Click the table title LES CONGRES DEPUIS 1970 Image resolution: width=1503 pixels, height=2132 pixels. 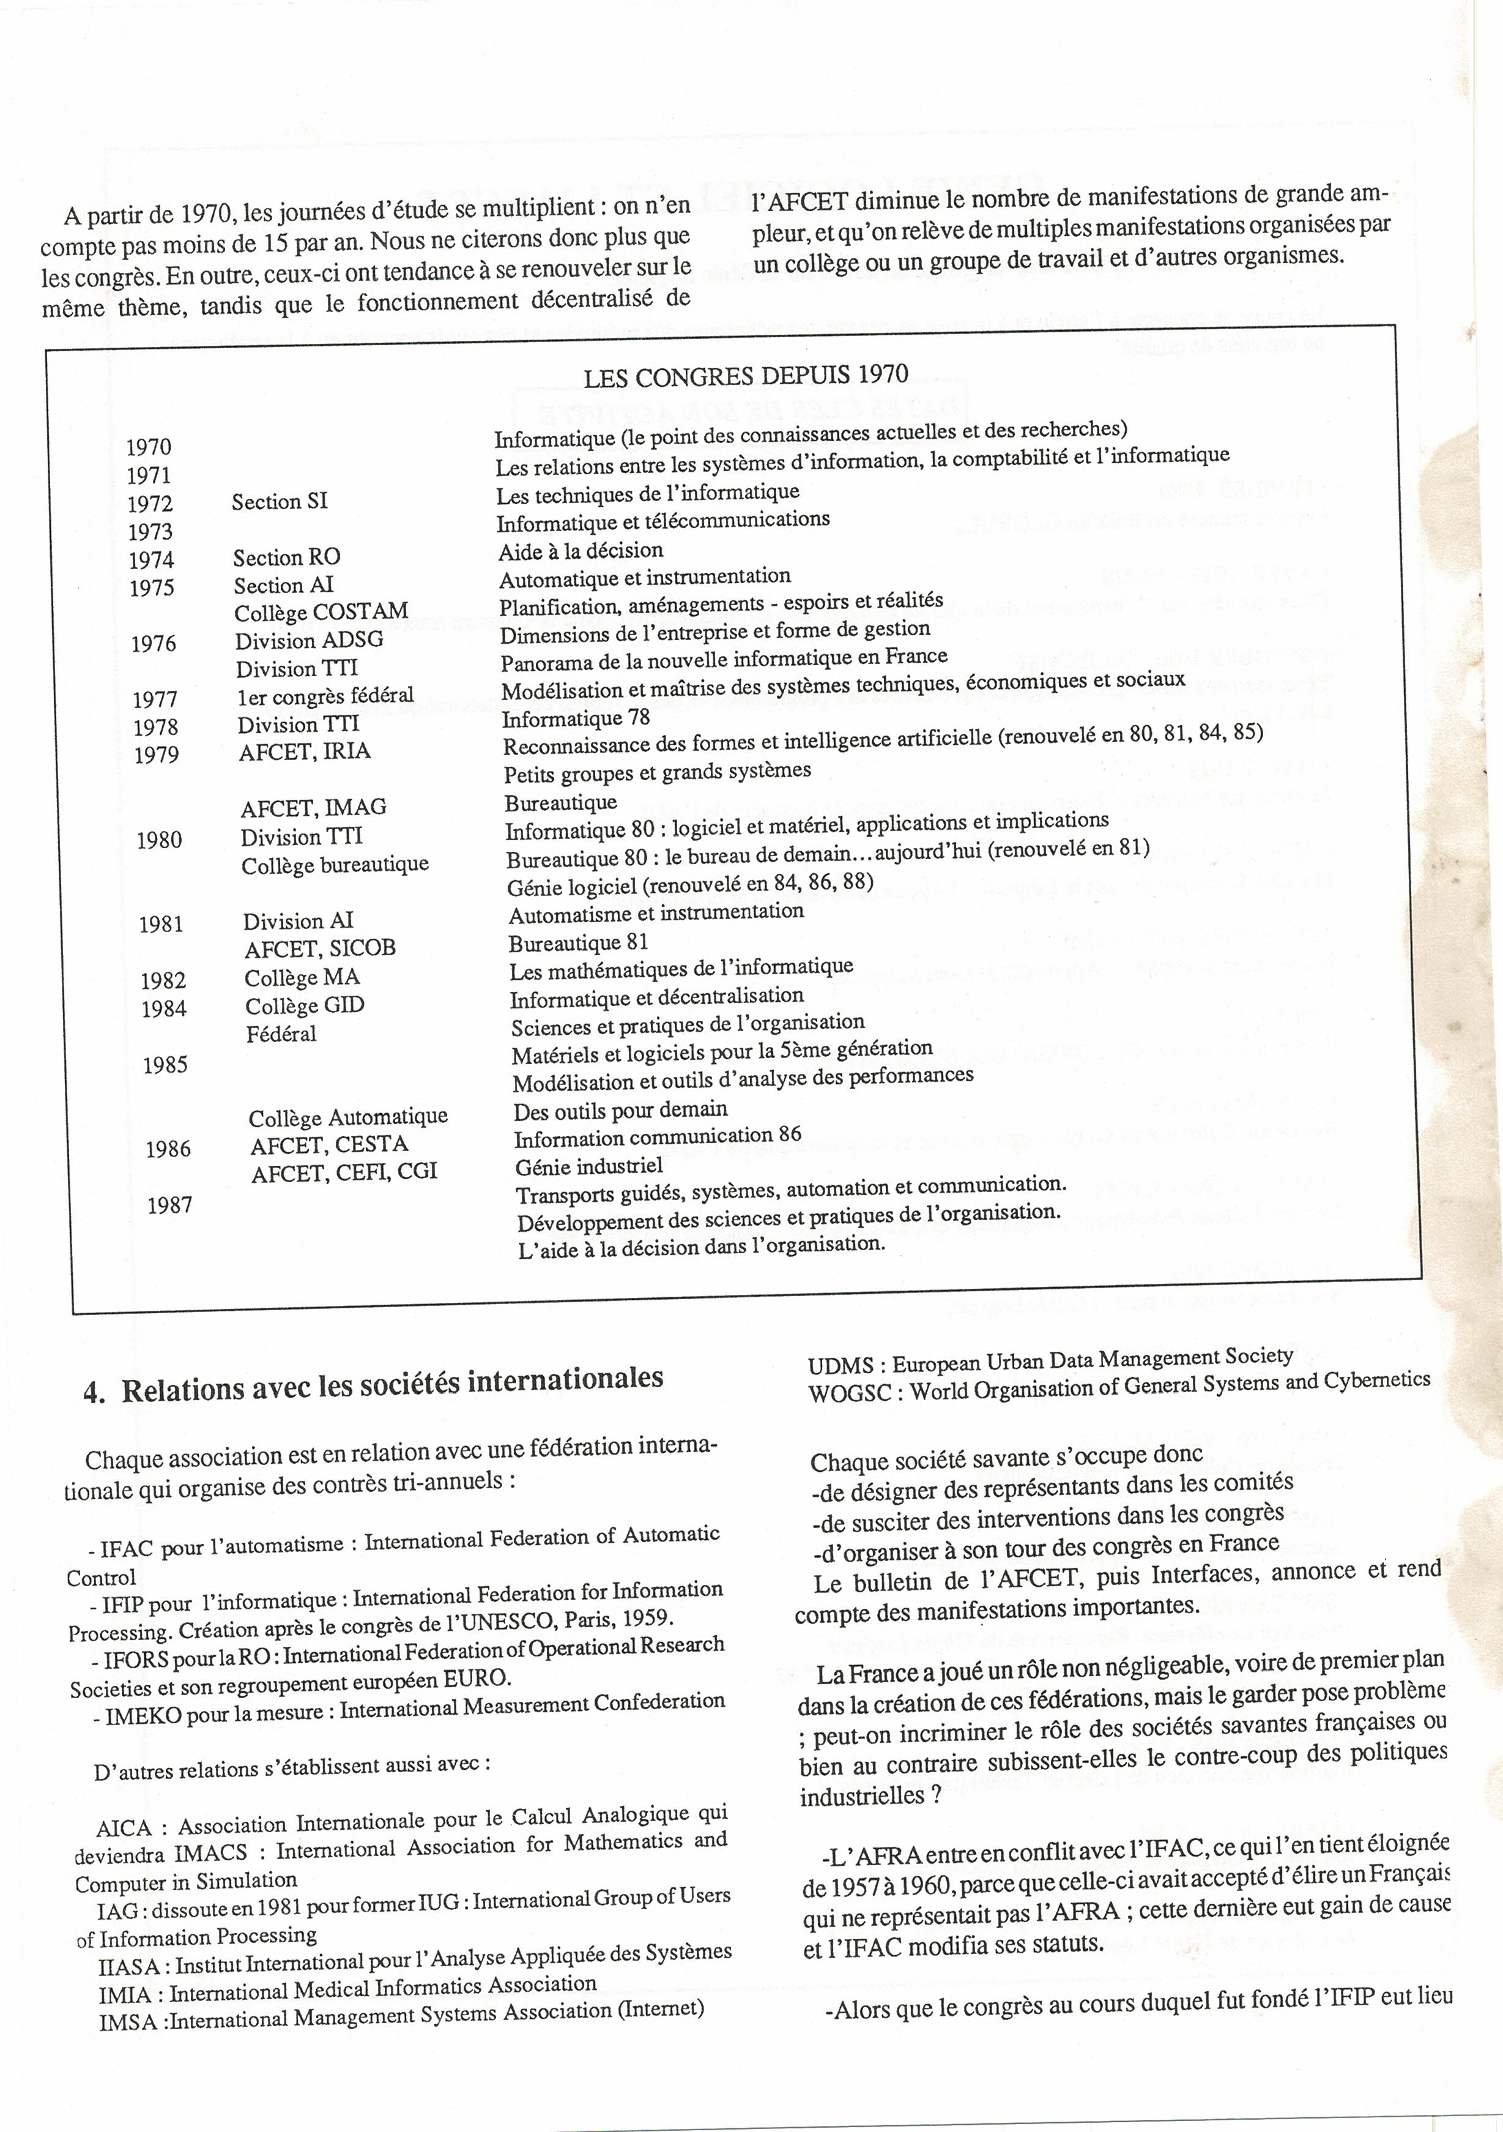pyautogui.click(x=746, y=375)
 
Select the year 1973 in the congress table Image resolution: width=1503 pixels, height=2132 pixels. pyautogui.click(x=150, y=532)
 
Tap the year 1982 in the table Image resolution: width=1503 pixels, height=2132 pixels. pyautogui.click(x=163, y=980)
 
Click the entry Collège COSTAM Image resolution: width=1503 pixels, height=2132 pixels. pyautogui.click(x=321, y=612)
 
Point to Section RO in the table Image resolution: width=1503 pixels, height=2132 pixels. pyautogui.click(x=287, y=557)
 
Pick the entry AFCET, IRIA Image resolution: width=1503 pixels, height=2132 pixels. pyautogui.click(x=305, y=752)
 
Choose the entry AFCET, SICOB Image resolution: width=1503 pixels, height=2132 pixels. pyautogui.click(x=321, y=948)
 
